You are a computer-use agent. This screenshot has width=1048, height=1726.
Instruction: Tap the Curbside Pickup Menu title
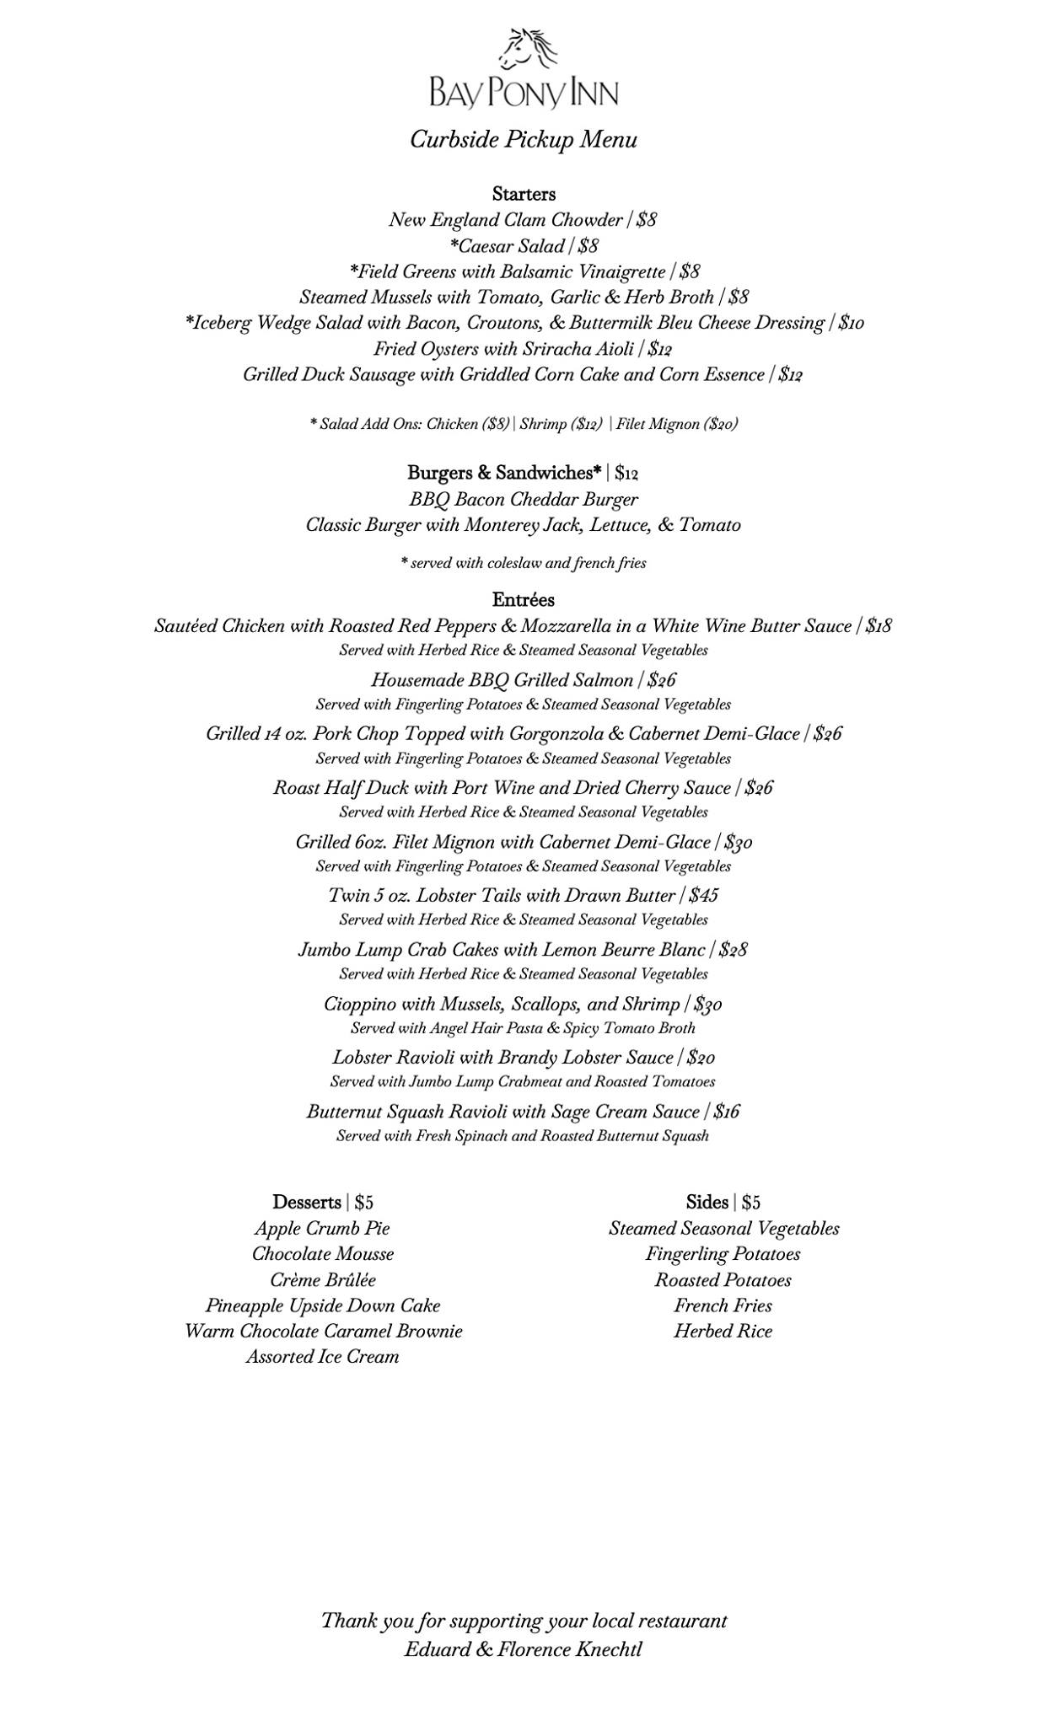tap(523, 140)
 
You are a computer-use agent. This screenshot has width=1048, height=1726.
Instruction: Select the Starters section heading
tap(524, 195)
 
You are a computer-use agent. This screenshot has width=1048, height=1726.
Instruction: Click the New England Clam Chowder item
tap(505, 221)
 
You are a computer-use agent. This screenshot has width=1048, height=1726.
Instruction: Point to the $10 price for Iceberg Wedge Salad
tap(851, 324)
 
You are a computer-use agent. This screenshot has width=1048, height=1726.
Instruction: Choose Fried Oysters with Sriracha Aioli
tap(505, 349)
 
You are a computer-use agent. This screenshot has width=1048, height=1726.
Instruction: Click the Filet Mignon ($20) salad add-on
tap(676, 425)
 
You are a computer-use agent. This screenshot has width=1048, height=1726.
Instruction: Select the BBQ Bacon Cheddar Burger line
tap(524, 500)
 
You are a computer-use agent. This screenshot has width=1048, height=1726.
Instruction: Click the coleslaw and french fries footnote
tap(524, 563)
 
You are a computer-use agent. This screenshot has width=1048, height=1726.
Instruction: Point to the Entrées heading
tap(524, 600)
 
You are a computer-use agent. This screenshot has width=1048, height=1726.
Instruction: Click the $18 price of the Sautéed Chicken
tap(879, 627)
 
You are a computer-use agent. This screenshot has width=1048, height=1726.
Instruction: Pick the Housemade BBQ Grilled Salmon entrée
tap(502, 681)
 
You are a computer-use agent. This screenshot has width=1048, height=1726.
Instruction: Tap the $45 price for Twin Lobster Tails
tap(703, 896)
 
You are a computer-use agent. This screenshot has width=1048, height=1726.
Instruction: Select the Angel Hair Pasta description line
tap(523, 1028)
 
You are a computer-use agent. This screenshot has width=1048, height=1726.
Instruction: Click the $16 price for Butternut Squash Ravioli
tap(726, 1112)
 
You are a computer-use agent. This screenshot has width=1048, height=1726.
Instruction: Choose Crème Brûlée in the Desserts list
tap(323, 1280)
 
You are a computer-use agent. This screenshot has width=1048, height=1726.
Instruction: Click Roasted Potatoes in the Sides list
tap(723, 1280)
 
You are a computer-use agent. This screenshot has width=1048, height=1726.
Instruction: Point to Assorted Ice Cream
tap(323, 1357)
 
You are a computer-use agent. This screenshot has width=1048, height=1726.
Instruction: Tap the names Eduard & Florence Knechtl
tap(523, 1649)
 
